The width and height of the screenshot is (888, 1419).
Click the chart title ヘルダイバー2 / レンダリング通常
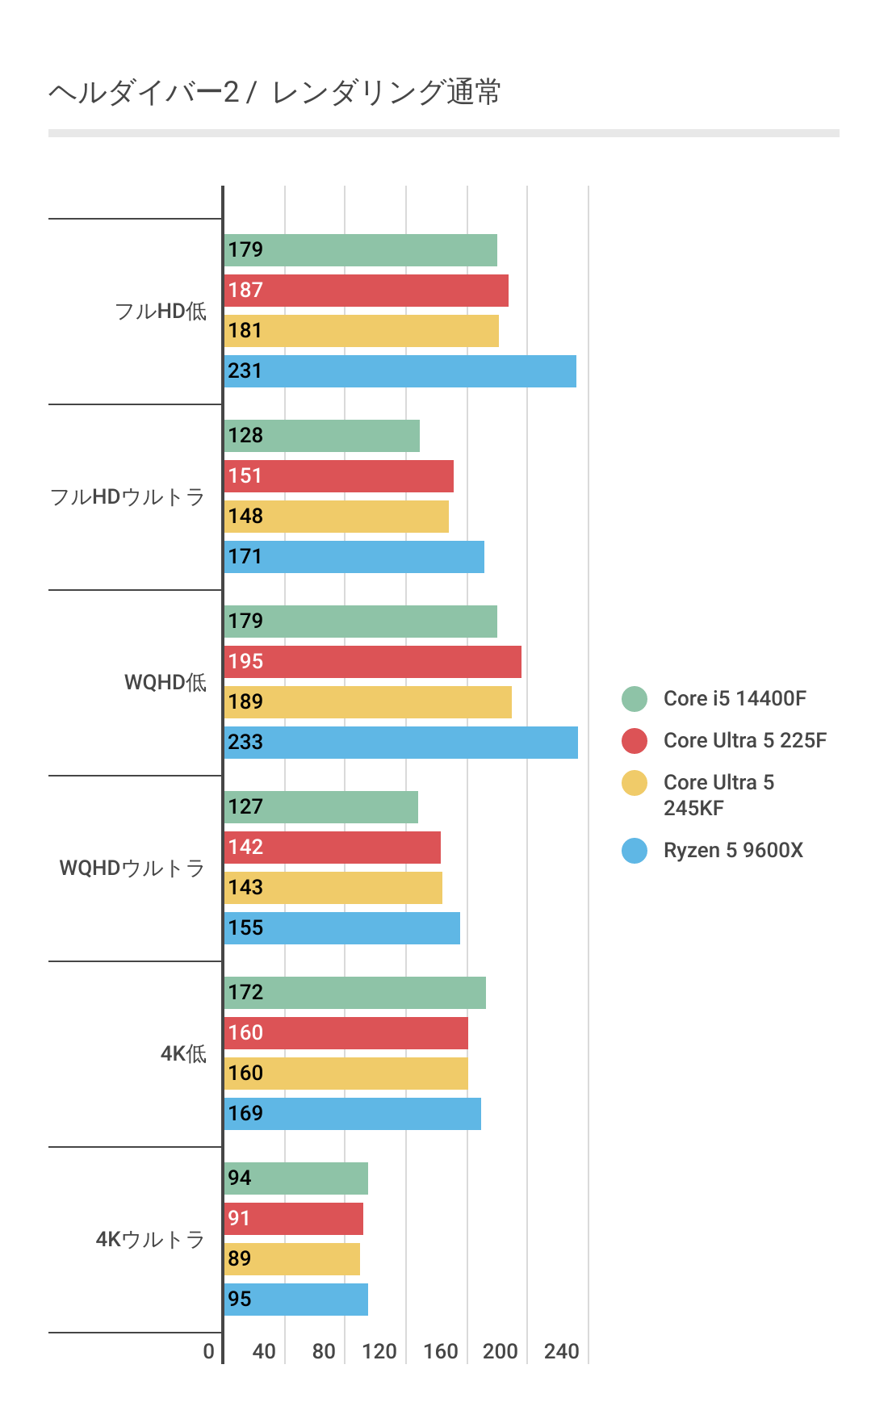[274, 92]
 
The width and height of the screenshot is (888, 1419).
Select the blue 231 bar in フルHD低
[400, 371]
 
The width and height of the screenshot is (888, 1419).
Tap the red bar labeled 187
[367, 291]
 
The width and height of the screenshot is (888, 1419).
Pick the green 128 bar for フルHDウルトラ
[322, 436]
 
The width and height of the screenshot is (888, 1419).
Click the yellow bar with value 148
[337, 517]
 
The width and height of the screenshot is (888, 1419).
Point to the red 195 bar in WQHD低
[373, 662]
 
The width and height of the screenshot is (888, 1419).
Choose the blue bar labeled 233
[401, 743]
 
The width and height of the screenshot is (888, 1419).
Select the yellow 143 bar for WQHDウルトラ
[333, 888]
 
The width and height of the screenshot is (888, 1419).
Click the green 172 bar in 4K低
[355, 993]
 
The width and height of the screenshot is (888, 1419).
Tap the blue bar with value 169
[353, 1114]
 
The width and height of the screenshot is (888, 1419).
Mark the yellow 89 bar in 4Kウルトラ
[292, 1259]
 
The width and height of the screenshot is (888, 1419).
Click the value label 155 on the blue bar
[245, 928]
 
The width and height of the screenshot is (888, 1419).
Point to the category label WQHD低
[165, 683]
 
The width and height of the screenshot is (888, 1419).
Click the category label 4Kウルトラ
[150, 1240]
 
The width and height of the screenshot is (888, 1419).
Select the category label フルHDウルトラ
[128, 497]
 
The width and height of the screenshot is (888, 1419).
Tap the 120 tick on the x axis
[379, 1351]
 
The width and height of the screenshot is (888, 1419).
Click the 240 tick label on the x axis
[562, 1351]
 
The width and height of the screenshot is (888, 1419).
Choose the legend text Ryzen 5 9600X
[733, 851]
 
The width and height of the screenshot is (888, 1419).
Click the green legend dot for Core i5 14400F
[635, 699]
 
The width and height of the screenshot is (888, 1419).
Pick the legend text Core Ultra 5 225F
[744, 741]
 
